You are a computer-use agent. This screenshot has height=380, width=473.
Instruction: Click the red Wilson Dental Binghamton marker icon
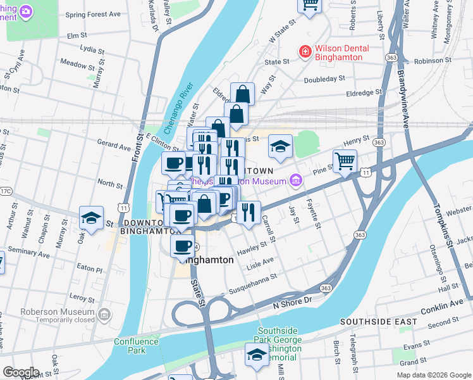[x=305, y=51]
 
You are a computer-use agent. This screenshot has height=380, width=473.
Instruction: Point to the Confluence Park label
[x=130, y=346]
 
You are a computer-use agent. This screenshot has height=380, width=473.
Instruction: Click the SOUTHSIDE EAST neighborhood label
[x=378, y=322]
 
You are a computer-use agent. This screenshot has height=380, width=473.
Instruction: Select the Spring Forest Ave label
[x=93, y=15]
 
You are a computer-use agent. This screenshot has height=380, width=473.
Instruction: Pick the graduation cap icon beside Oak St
[x=92, y=218]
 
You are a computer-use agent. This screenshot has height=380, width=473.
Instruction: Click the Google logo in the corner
[x=21, y=372]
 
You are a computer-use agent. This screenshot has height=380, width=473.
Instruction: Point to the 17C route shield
[x=6, y=190]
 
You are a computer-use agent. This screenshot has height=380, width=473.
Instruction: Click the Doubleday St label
[x=324, y=79]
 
